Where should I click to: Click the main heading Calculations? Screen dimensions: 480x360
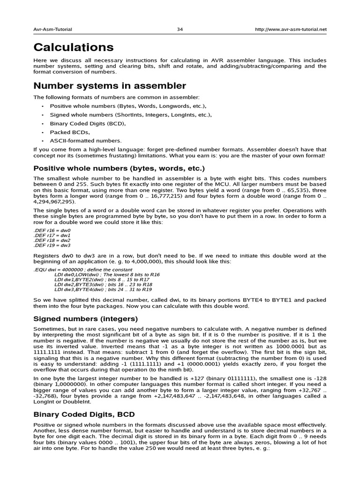(73, 47)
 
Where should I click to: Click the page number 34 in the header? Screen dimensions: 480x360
(180, 29)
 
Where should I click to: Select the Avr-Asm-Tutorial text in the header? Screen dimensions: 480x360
(52, 29)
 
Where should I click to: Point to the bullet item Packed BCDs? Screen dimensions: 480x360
(69, 132)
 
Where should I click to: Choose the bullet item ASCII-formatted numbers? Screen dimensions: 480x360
(85, 141)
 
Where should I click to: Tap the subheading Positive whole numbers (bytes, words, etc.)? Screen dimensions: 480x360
(119, 168)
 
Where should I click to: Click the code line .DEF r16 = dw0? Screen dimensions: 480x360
(52, 231)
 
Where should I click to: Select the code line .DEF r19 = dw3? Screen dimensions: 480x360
(52, 245)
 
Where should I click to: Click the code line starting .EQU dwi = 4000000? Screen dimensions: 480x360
(82, 270)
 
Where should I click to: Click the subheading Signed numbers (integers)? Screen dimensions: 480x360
(85, 319)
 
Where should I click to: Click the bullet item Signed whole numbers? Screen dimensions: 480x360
(131, 115)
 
